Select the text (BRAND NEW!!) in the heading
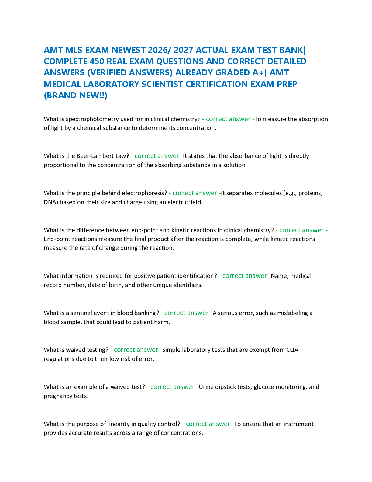tap(76, 95)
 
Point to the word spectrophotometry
tap(92, 119)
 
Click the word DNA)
tap(51, 202)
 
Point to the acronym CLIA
tap(292, 350)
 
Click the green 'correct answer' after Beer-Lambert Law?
tap(157, 156)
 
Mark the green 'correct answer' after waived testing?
tap(136, 350)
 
